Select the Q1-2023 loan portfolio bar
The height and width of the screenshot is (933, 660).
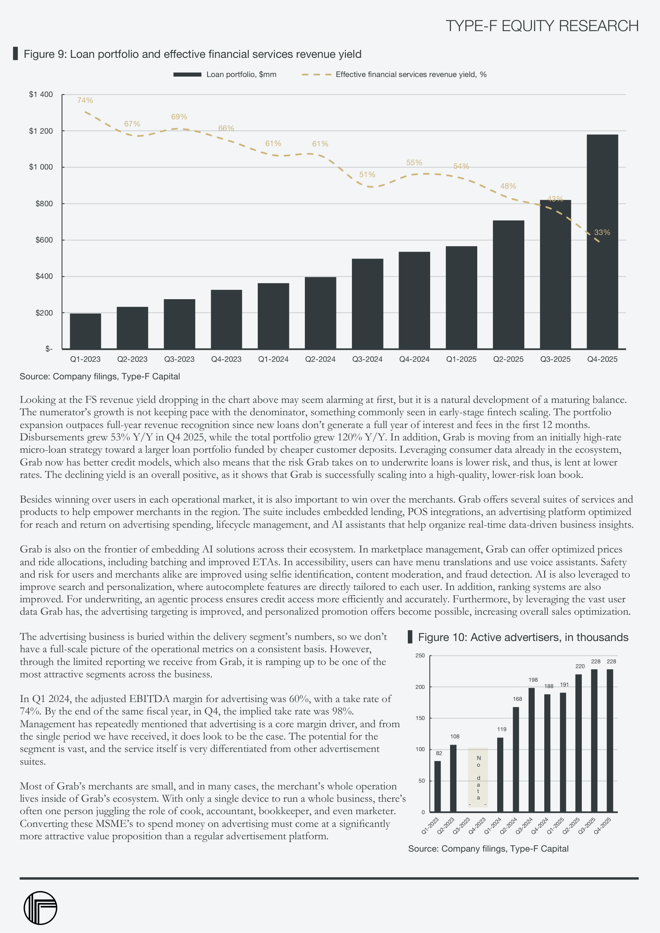point(85,331)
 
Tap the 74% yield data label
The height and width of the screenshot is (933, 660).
point(85,101)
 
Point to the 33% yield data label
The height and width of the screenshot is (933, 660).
point(602,233)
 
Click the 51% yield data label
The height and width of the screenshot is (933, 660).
point(367,175)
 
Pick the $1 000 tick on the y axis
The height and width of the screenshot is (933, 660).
point(41,167)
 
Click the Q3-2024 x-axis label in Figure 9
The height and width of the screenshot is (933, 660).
point(367,359)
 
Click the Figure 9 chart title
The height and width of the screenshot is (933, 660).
point(192,54)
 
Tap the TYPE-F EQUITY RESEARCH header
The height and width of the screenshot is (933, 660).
point(542,26)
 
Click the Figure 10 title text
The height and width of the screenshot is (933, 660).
point(523,637)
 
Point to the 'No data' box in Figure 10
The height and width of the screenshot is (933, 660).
point(478,777)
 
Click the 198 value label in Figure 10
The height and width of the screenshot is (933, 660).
point(533,680)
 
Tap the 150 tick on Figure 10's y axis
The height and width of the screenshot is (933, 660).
point(420,718)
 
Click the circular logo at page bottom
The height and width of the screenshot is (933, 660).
point(40,908)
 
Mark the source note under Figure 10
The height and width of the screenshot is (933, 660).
point(488,848)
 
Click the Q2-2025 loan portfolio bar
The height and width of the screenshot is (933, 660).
point(508,284)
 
